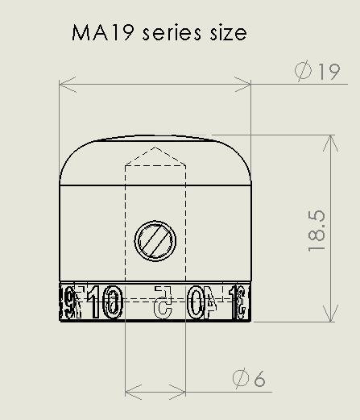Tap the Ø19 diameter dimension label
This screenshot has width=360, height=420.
[318, 72]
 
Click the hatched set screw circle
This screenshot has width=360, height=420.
[155, 239]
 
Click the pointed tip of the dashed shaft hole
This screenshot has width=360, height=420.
[155, 148]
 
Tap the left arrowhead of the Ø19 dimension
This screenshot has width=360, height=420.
[65, 82]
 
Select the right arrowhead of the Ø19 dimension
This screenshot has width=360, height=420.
[246, 82]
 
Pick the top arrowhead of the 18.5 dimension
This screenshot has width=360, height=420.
[329, 139]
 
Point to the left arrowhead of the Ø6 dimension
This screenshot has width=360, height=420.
[130, 393]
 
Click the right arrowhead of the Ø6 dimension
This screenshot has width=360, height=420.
[181, 393]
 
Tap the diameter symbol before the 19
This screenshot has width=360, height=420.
[304, 72]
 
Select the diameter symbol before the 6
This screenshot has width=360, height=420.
[239, 378]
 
